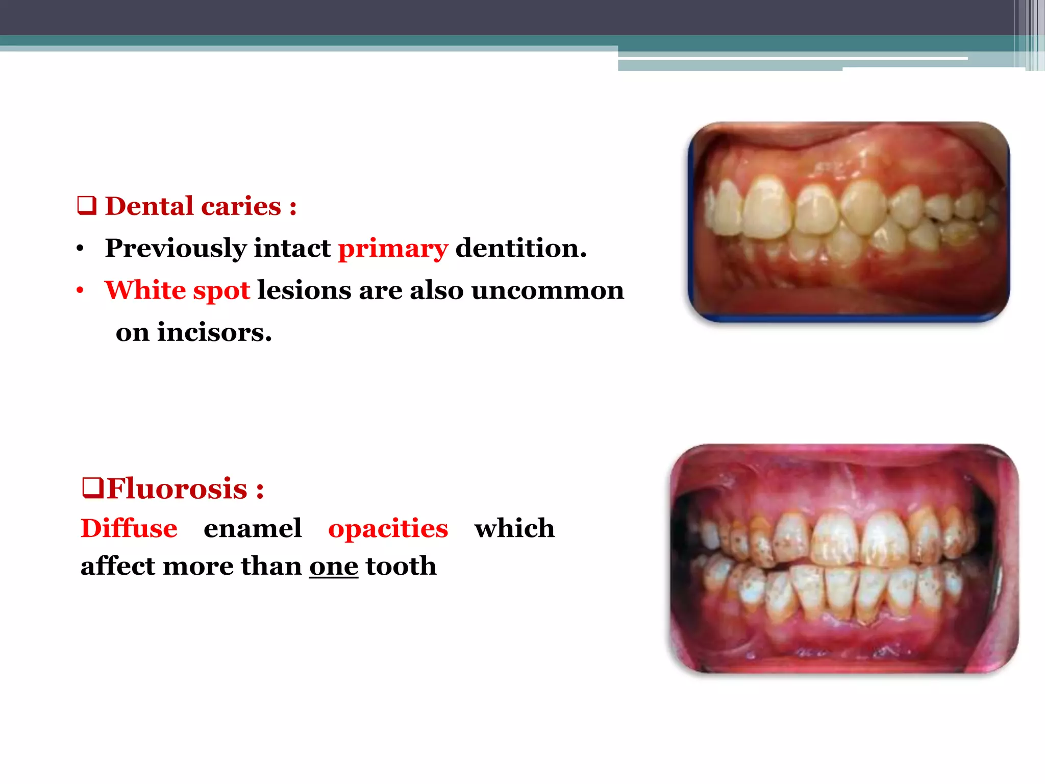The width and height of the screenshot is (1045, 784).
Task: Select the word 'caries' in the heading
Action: point(241,206)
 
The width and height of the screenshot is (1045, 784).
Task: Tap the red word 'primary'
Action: point(393,249)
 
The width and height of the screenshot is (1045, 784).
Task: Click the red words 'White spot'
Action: point(177,290)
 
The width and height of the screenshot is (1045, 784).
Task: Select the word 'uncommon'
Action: point(547,290)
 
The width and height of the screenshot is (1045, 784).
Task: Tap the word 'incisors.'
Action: point(214,332)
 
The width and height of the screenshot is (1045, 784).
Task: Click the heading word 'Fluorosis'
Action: point(177,488)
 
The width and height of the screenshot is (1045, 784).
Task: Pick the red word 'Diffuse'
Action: point(129,528)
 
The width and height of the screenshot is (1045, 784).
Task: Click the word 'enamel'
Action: point(253,528)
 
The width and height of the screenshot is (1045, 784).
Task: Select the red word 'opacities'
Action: point(388,528)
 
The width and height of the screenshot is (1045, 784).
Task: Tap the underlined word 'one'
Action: point(334,566)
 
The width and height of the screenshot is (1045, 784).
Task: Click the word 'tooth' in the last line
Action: point(401,566)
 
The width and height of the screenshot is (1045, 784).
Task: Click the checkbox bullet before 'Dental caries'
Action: point(87,205)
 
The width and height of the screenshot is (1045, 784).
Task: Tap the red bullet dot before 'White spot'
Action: point(80,291)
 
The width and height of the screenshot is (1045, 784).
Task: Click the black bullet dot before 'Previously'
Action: point(80,249)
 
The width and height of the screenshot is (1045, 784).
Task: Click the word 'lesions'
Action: point(304,290)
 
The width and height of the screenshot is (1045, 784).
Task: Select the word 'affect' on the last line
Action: point(118,566)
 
